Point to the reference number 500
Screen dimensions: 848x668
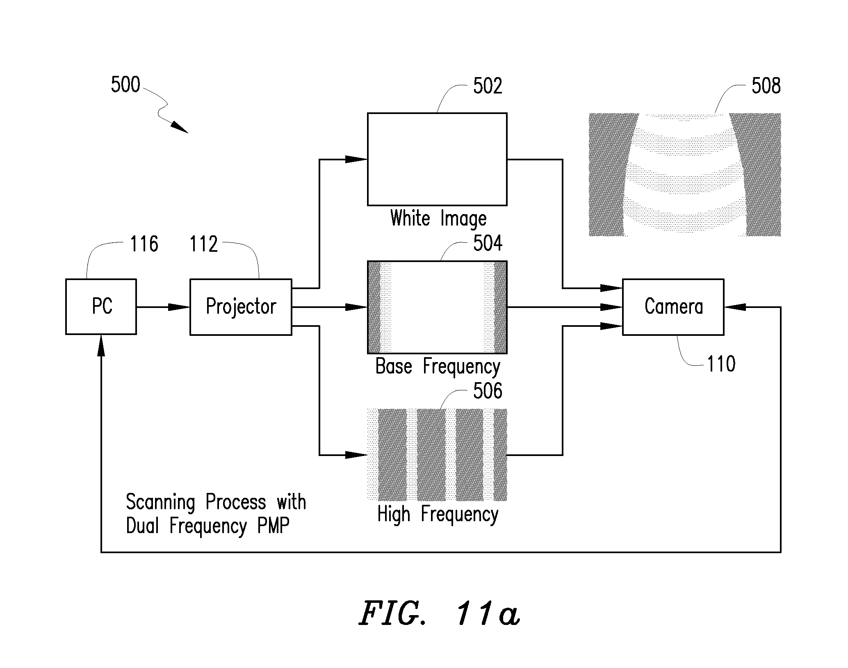125,85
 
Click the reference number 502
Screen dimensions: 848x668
488,86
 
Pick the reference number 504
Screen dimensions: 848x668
488,243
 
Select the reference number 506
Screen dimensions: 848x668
488,391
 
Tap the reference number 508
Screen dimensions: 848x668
766,86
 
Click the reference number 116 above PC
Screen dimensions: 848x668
144,244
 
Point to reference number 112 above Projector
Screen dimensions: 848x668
203,244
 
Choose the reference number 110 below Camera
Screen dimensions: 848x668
721,364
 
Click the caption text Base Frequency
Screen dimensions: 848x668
438,366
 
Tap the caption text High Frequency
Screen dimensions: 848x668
438,514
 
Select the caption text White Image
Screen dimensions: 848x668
438,218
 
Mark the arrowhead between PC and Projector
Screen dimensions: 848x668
179,307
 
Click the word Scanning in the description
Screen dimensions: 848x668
160,502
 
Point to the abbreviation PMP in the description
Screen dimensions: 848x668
273,525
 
